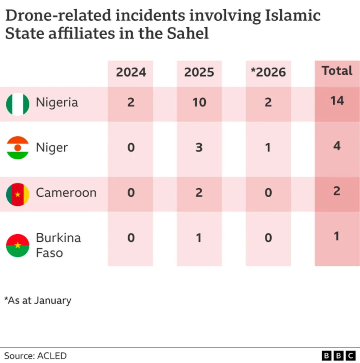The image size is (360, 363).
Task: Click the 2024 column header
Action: (x=131, y=72)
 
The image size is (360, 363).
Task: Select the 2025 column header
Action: (x=199, y=72)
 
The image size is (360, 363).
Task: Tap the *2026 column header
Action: (x=268, y=72)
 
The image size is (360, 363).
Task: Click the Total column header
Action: (x=337, y=71)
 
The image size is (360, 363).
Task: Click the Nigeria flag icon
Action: (x=18, y=104)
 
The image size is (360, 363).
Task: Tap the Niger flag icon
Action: (x=18, y=148)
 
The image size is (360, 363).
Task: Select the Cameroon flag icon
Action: (x=18, y=194)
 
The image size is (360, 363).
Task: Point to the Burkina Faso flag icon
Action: (x=18, y=245)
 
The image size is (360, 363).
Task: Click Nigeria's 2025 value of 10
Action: (x=199, y=102)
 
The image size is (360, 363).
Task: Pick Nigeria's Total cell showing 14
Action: (x=337, y=101)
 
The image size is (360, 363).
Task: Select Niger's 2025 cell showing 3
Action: (x=199, y=147)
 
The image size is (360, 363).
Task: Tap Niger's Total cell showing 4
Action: (x=337, y=146)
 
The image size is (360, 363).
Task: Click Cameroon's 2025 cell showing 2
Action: (x=199, y=192)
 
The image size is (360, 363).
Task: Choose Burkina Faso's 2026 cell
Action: (x=268, y=238)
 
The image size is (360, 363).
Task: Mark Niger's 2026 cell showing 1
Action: (x=268, y=147)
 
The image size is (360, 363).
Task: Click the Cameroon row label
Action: (x=66, y=193)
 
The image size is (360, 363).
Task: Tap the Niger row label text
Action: (x=52, y=148)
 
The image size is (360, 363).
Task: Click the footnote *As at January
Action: (x=38, y=300)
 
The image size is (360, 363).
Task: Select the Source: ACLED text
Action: (x=35, y=355)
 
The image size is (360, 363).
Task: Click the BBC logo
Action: (x=339, y=355)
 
